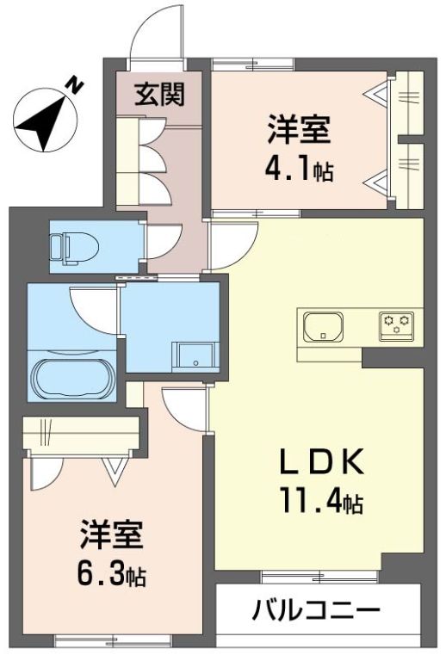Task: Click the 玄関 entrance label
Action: coord(160,93)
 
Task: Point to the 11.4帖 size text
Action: coord(319,499)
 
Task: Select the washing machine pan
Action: coord(194,355)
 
